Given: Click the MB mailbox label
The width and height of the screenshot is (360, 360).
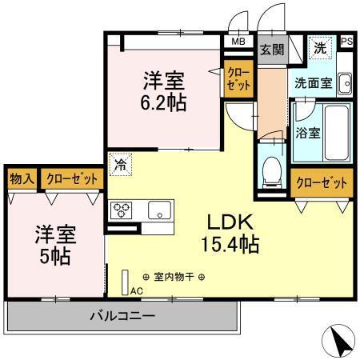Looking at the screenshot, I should point(238,42).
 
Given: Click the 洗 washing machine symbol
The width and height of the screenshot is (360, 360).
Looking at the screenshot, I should point(320,47).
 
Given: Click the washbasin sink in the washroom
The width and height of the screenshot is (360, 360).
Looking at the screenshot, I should point(344,82).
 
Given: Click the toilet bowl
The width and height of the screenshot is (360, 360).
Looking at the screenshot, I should point(270,169).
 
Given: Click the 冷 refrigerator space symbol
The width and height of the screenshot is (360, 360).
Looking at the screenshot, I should point(119,166).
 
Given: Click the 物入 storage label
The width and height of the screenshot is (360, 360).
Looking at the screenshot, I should point(22,179).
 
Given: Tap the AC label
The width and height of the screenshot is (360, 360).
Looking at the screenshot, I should point(137,290).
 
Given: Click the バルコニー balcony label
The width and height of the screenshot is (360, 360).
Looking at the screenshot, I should point(122,315).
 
